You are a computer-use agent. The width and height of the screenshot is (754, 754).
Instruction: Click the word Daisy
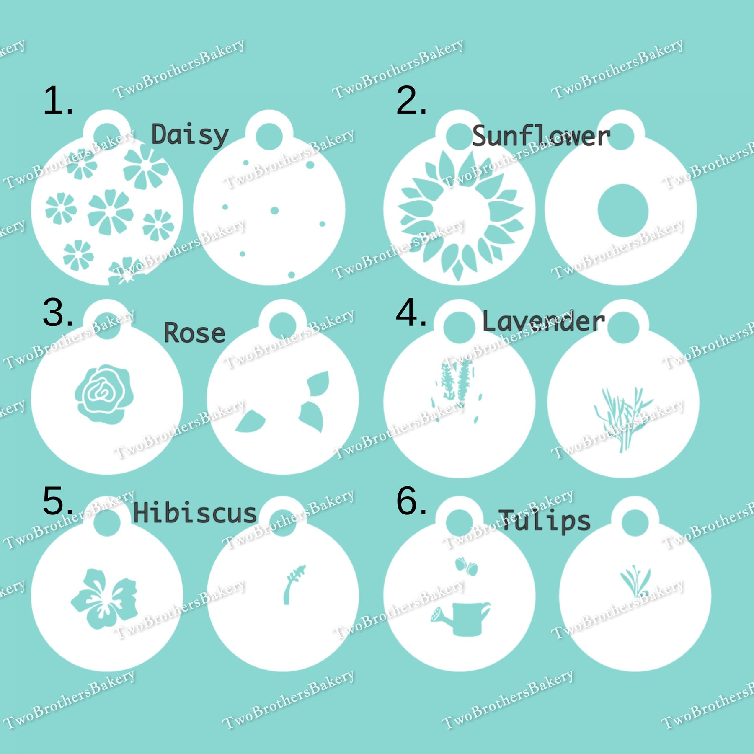pyautogui.click(x=190, y=135)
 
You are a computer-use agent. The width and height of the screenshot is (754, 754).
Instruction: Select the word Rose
pyautogui.click(x=194, y=333)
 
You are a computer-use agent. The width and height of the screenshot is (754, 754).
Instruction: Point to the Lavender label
pyautogui.click(x=544, y=321)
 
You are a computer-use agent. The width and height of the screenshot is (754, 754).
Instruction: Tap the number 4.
pyautogui.click(x=411, y=312)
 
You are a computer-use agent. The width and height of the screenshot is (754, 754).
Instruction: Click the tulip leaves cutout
pyautogui.click(x=635, y=581)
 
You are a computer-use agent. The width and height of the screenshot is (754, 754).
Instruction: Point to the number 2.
pyautogui.click(x=411, y=101)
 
